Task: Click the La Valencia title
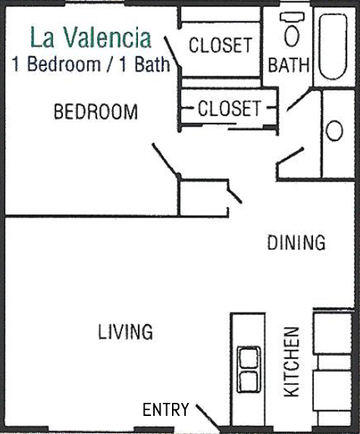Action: pyautogui.click(x=91, y=38)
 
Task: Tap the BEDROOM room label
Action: pyautogui.click(x=95, y=111)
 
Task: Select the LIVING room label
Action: pyautogui.click(x=125, y=331)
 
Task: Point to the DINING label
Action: pyautogui.click(x=296, y=242)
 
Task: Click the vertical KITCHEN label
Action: pyautogui.click(x=292, y=362)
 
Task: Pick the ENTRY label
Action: pyautogui.click(x=166, y=409)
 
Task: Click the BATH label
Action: pyautogui.click(x=288, y=65)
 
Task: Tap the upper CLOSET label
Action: pyautogui.click(x=220, y=45)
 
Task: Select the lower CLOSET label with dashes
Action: pyautogui.click(x=229, y=108)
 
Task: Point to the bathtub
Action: pyautogui.click(x=333, y=46)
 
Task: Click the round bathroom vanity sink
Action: pyautogui.click(x=334, y=131)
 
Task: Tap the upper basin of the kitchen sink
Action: pyautogui.click(x=249, y=358)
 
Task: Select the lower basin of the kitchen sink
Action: pyautogui.click(x=249, y=381)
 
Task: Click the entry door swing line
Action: pyautogui.click(x=207, y=418)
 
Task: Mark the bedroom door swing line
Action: pyautogui.click(x=166, y=159)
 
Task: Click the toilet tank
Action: pyautogui.click(x=291, y=17)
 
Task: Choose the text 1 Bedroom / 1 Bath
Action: pyautogui.click(x=91, y=64)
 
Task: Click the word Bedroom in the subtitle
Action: pyautogui.click(x=64, y=64)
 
